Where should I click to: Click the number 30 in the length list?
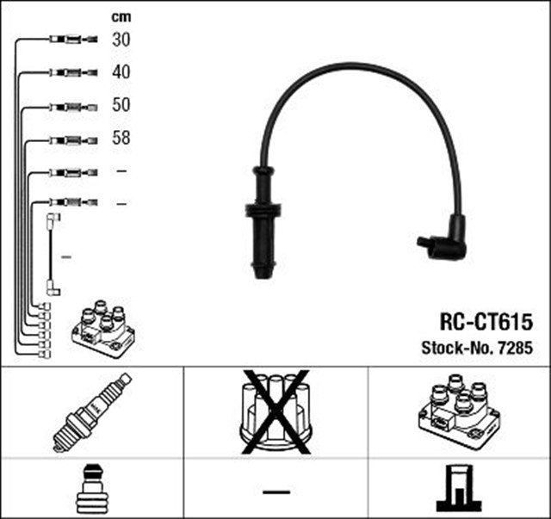(x=121, y=40)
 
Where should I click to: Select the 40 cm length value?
(x=121, y=72)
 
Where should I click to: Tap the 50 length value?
(x=121, y=105)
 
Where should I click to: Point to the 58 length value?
(x=121, y=138)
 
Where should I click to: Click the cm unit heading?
(x=121, y=16)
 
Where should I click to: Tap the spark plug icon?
(x=91, y=412)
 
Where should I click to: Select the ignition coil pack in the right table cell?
(x=458, y=412)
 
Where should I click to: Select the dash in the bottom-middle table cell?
(x=275, y=491)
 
